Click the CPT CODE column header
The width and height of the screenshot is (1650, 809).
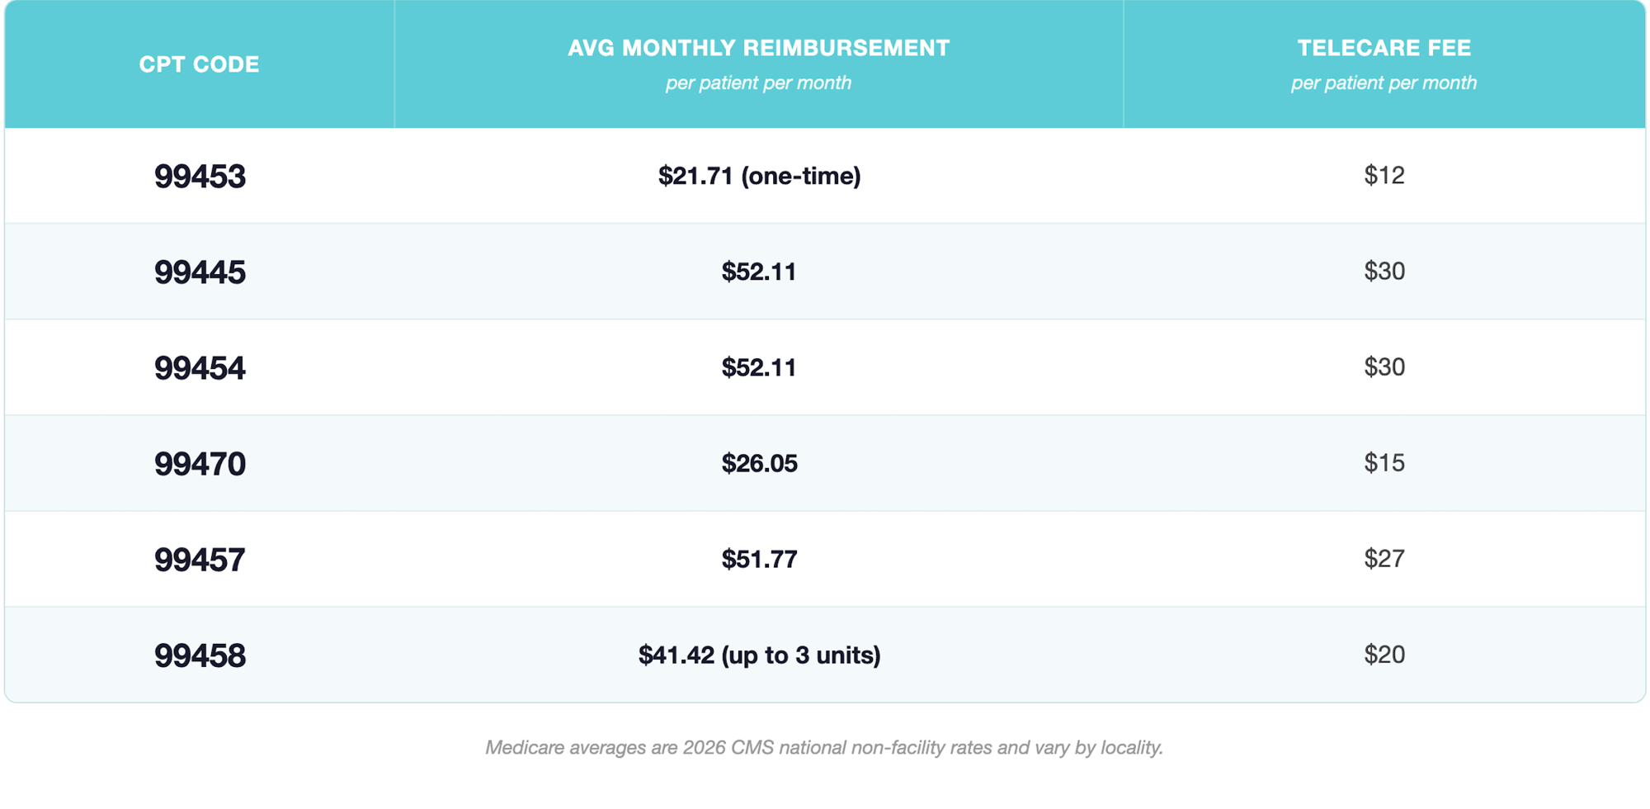[x=199, y=64]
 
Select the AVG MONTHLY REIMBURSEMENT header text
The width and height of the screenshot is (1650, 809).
[x=759, y=48]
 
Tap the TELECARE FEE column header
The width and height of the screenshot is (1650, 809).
[x=1384, y=48]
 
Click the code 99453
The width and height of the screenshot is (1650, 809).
[x=200, y=177]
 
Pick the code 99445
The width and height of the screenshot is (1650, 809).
[x=200, y=272]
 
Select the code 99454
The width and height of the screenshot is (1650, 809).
[x=200, y=368]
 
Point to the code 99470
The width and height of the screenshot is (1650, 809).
[x=200, y=464]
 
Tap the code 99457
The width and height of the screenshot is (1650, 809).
[x=200, y=560]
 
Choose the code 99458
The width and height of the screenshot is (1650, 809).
[x=200, y=655]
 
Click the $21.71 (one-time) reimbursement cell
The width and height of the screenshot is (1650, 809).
[x=759, y=176]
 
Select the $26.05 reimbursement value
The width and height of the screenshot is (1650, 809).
[x=759, y=463]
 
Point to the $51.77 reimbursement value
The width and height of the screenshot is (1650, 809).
[x=759, y=559]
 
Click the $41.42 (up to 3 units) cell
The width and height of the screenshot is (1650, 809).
[x=759, y=655]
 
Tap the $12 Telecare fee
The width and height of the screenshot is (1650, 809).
[x=1384, y=175]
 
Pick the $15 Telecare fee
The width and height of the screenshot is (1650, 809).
[x=1384, y=462]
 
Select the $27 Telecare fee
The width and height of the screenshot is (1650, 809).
[x=1384, y=558]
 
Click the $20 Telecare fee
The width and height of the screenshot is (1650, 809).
[x=1384, y=654]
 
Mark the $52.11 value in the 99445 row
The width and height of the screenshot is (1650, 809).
[x=759, y=272]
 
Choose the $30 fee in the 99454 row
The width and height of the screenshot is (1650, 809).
[x=1384, y=367]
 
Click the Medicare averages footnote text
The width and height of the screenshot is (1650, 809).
[x=824, y=748]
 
